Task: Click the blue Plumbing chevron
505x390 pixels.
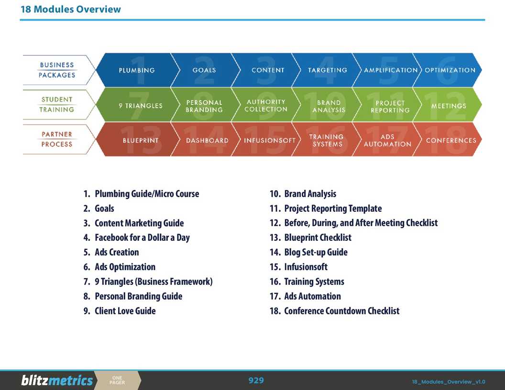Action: click(137, 70)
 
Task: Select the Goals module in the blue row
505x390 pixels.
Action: click(204, 70)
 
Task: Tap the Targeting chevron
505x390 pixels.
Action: click(328, 70)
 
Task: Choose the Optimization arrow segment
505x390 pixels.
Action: click(450, 70)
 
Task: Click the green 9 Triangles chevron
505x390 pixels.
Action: click(141, 106)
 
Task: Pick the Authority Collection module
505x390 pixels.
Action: click(266, 106)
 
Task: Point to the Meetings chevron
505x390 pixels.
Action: click(449, 106)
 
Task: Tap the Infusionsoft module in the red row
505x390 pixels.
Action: click(270, 141)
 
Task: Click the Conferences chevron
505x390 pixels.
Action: click(450, 141)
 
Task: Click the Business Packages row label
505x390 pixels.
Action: click(57, 70)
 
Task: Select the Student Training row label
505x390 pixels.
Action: click(56, 105)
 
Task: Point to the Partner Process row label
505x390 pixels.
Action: click(56, 140)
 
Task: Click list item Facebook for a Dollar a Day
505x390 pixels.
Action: click(142, 238)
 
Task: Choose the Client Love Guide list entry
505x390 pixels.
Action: click(125, 311)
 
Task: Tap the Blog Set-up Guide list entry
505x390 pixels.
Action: click(316, 252)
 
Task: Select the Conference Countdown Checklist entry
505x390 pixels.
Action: click(341, 311)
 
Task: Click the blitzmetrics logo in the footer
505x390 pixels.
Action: click(57, 380)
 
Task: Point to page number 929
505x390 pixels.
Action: click(256, 380)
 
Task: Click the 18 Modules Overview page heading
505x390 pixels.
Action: click(71, 10)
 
